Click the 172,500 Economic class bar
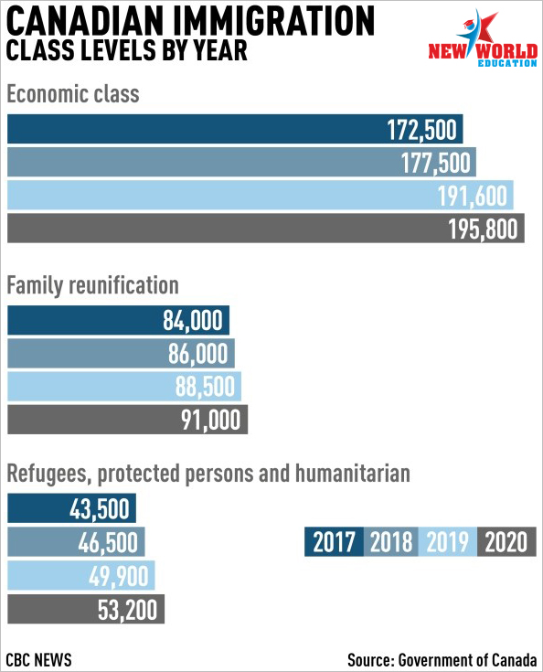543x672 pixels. pyautogui.click(x=235, y=129)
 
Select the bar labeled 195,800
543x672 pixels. pyautogui.click(x=266, y=228)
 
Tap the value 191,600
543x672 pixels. pyautogui.click(x=473, y=196)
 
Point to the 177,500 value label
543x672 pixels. pyautogui.click(x=435, y=163)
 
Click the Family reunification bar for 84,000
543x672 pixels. pyautogui.click(x=118, y=320)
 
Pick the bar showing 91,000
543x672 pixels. pyautogui.click(x=127, y=420)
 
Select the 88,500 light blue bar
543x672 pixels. pyautogui.click(x=124, y=386)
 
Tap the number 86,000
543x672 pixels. pyautogui.click(x=198, y=354)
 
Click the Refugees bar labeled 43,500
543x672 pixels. pyautogui.click(x=71, y=508)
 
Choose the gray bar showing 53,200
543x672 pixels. pyautogui.click(x=86, y=609)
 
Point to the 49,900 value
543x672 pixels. pyautogui.click(x=119, y=576)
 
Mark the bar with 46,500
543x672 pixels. pyautogui.click(x=76, y=541)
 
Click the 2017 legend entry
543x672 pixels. pyautogui.click(x=334, y=541)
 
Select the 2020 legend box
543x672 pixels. pyautogui.click(x=506, y=541)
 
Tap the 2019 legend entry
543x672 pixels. pyautogui.click(x=447, y=541)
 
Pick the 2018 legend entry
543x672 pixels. pyautogui.click(x=391, y=541)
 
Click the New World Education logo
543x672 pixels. pyautogui.click(x=483, y=38)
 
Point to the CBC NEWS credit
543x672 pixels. pyautogui.click(x=38, y=659)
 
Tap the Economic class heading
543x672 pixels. pyautogui.click(x=73, y=94)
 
